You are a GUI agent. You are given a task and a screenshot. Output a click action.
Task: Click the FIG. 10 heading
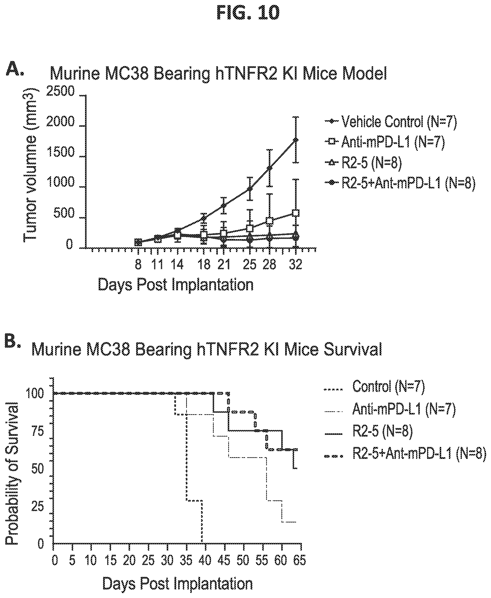click(248, 13)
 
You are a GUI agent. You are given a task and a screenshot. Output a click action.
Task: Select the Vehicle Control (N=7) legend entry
click(399, 121)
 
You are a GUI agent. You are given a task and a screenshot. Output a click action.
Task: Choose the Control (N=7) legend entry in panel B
click(388, 386)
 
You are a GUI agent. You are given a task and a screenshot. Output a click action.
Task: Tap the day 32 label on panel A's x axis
click(296, 265)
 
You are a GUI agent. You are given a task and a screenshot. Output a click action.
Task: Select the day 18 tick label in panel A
click(204, 265)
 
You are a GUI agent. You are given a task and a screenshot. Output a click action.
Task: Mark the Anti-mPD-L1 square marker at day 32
click(296, 213)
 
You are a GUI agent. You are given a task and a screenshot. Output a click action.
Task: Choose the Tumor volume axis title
click(31, 165)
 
